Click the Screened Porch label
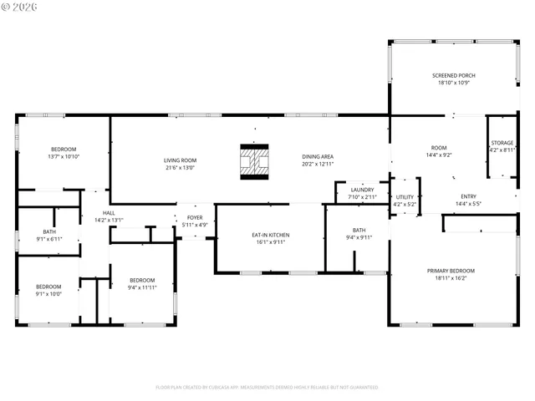click(452, 75)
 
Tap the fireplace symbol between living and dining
click(254, 161)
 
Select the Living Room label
click(180, 160)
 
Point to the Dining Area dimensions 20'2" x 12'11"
click(318, 164)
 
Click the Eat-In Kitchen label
click(271, 236)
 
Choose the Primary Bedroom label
click(451, 271)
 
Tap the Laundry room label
click(362, 190)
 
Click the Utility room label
click(405, 197)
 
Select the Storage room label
click(502, 143)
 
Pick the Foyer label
click(195, 218)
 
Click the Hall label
click(109, 213)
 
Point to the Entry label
click(468, 197)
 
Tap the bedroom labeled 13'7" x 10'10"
click(63, 150)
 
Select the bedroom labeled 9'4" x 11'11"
click(142, 280)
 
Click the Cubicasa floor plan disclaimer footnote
click(267, 388)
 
